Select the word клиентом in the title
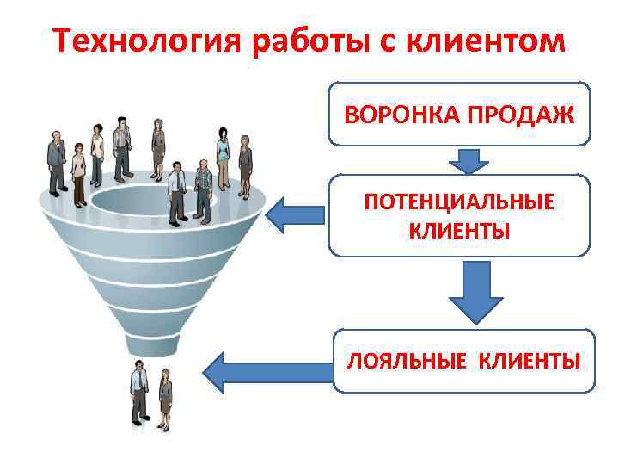coord(502,40)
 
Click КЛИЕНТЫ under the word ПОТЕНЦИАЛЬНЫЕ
coord(459,231)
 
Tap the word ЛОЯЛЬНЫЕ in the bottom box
coord(396,361)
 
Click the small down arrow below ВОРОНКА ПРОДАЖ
coord(468,160)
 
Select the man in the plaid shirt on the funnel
coord(204,190)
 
